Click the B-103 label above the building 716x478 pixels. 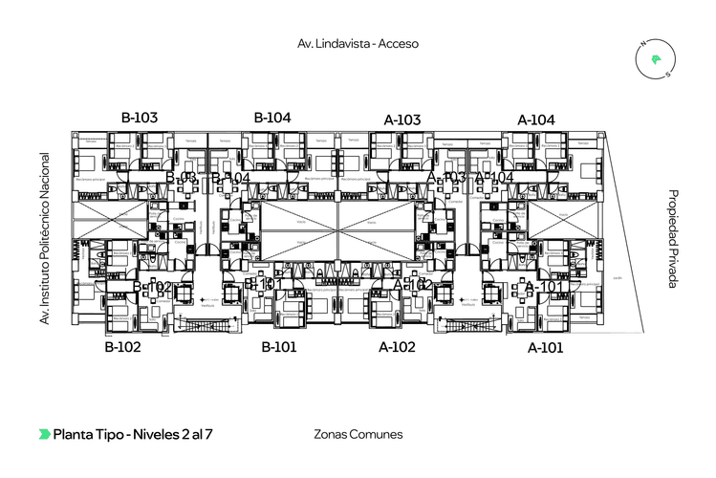(x=139, y=117)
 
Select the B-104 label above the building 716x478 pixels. (x=271, y=117)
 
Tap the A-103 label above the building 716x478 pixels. (x=402, y=119)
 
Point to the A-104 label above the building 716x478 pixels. (x=536, y=119)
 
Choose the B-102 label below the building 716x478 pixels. (x=122, y=347)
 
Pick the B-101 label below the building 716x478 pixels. (x=279, y=346)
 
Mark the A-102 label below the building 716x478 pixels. (x=397, y=347)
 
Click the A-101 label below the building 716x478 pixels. (x=545, y=348)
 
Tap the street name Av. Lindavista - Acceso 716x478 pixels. (x=358, y=43)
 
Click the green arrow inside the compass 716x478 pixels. (x=656, y=60)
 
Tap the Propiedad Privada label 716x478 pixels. (x=673, y=239)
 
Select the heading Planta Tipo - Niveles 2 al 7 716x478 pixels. (x=133, y=434)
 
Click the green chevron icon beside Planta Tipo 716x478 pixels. (x=44, y=434)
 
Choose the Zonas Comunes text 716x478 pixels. (x=358, y=434)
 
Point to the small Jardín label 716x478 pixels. (x=618, y=278)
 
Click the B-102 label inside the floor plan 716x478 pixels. (x=153, y=288)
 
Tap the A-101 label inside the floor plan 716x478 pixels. (x=544, y=286)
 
